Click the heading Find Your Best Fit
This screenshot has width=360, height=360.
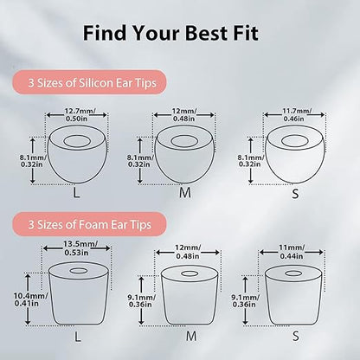click(170, 33)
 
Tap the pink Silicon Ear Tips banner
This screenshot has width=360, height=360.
click(89, 82)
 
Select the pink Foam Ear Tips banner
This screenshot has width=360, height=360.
click(89, 224)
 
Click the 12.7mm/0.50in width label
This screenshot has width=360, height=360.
click(77, 115)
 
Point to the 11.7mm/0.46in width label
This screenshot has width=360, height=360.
click(293, 114)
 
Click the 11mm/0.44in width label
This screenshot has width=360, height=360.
click(292, 252)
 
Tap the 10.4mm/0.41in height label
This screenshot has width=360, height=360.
click(30, 299)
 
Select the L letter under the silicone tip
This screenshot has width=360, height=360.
click(76, 193)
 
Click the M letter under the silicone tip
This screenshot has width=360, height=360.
click(185, 193)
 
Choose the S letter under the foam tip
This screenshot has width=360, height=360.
click(296, 336)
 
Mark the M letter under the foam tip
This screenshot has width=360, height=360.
click(191, 336)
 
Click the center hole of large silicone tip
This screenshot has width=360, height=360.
click(76, 141)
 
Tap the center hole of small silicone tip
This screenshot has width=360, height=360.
click(293, 141)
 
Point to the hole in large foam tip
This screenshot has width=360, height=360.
click(79, 271)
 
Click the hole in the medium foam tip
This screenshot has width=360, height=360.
click(190, 273)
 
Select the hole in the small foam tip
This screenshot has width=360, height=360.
click(293, 273)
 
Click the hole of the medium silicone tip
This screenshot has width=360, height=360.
click(184, 141)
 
